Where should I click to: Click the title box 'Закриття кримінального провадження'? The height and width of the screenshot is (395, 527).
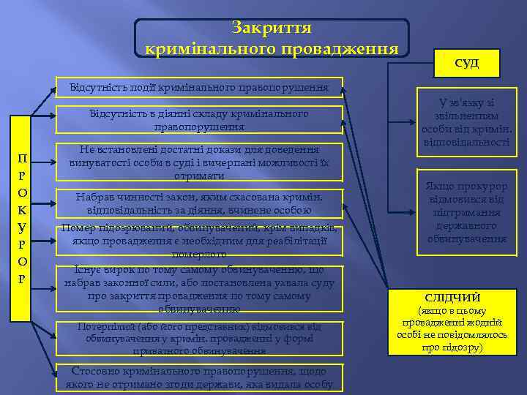click(x=272, y=38)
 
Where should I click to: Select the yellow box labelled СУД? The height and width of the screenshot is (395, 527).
click(x=466, y=63)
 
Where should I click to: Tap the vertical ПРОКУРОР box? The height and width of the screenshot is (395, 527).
click(x=22, y=219)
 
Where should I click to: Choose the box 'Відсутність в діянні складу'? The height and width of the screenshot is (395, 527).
click(x=199, y=120)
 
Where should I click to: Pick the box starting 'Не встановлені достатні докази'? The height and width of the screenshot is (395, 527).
click(x=199, y=162)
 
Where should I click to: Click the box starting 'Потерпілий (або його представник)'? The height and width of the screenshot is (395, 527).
click(x=199, y=338)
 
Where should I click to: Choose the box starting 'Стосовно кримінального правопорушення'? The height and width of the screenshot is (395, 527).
click(x=199, y=377)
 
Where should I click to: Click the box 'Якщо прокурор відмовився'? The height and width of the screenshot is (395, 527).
click(x=466, y=212)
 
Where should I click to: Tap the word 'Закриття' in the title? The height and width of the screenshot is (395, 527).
click(x=272, y=28)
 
